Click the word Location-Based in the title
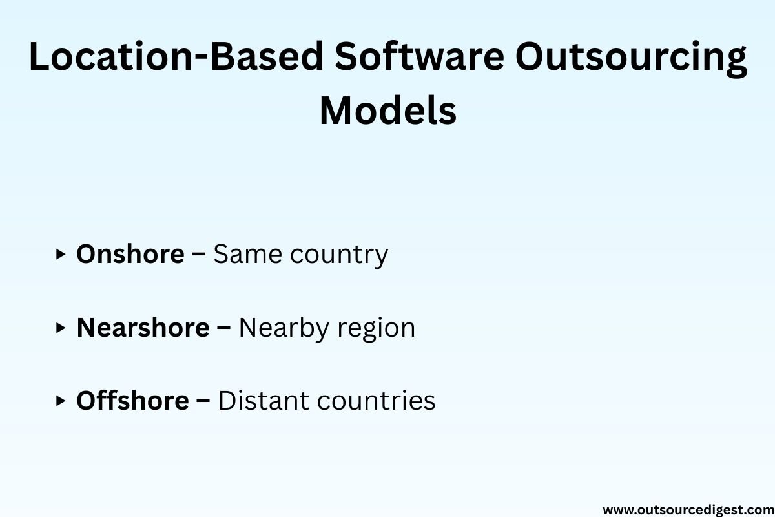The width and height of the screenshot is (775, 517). point(175,58)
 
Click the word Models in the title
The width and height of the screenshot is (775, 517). point(388,111)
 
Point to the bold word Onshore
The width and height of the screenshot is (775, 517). point(130,254)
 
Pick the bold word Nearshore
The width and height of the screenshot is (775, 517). point(143,328)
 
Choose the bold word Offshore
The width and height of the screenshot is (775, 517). point(132,401)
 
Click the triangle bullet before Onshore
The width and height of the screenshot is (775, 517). point(61,254)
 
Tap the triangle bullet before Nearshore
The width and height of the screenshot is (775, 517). point(61,328)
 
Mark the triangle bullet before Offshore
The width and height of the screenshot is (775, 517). point(61,401)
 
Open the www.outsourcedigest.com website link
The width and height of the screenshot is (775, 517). point(688,509)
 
